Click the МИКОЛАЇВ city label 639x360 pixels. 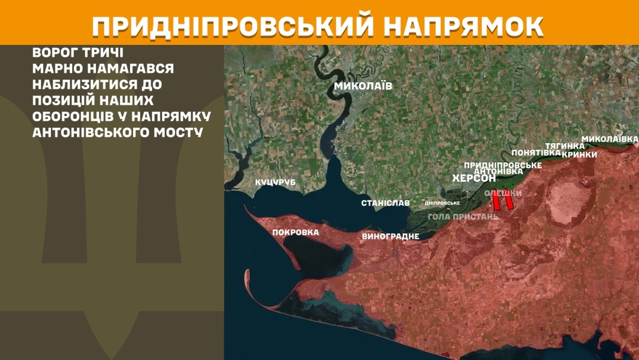[x=363, y=86]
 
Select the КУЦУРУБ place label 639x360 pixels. [x=275, y=182]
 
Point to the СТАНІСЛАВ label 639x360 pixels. [x=385, y=203]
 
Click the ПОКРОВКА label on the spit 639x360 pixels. [x=295, y=232]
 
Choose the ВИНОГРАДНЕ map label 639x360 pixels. [x=390, y=236]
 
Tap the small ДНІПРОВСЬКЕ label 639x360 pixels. [x=443, y=203]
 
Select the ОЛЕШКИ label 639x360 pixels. [x=503, y=193]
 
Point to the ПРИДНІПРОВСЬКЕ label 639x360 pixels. [x=503, y=165]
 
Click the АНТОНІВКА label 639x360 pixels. [x=499, y=171]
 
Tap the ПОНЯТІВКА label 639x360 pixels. [x=536, y=152]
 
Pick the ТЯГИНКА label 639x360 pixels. [x=560, y=146]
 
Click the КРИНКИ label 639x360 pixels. [x=579, y=154]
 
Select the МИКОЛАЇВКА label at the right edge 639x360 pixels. [x=610, y=139]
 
